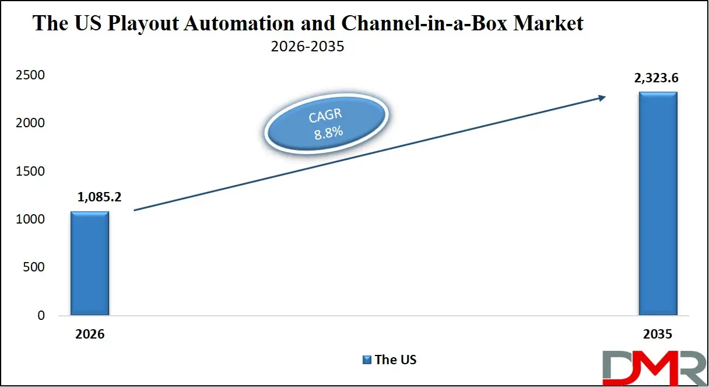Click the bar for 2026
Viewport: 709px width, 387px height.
click(90, 263)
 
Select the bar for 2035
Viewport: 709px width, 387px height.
click(658, 204)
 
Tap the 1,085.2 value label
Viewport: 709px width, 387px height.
click(99, 197)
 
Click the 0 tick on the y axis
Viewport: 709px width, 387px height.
click(41, 316)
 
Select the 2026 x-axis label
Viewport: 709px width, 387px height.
click(90, 335)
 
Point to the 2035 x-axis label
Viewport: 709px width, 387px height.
click(658, 335)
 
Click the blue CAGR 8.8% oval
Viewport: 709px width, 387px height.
click(326, 125)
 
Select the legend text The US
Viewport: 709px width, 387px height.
click(396, 360)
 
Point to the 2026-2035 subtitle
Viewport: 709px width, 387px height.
click(307, 47)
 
